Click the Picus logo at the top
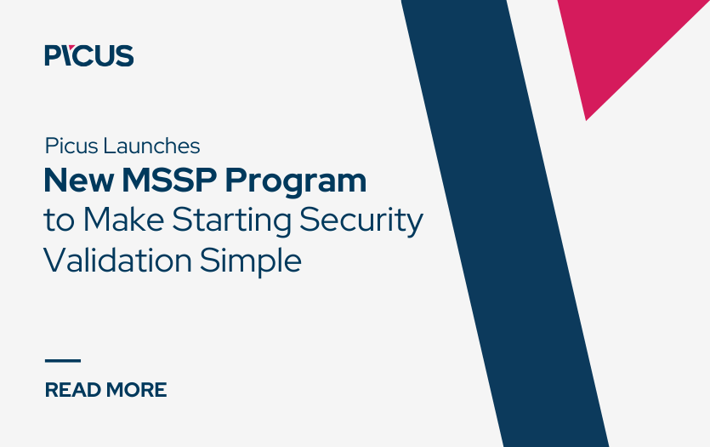pyautogui.click(x=88, y=56)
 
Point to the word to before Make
pyautogui.click(x=58, y=221)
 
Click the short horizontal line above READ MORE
pyautogui.click(x=62, y=361)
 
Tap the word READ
pyautogui.click(x=71, y=390)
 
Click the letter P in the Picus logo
pyautogui.click(x=53, y=56)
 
